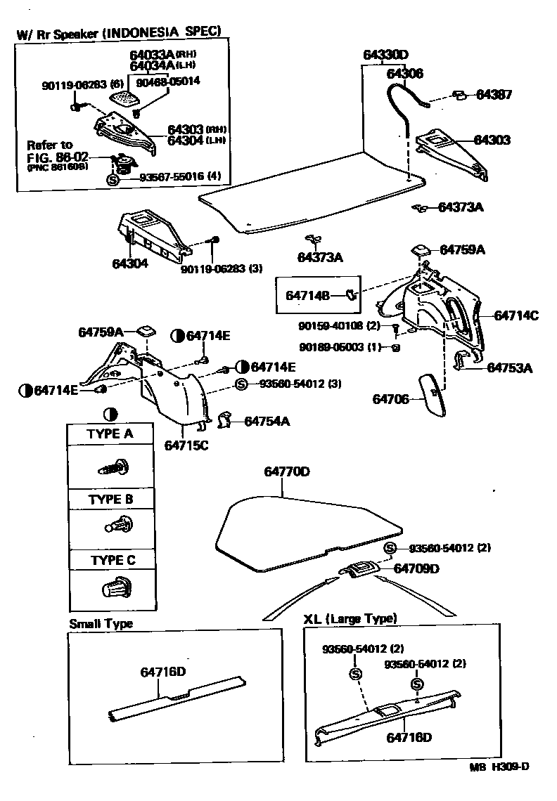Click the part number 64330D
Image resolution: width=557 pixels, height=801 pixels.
point(386,55)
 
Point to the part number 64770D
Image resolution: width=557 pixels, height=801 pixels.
point(286,471)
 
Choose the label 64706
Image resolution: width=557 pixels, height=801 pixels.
point(391,399)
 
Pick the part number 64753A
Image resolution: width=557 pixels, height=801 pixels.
point(510,367)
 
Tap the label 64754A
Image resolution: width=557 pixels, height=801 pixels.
point(267,421)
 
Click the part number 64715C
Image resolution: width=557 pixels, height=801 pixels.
point(186,444)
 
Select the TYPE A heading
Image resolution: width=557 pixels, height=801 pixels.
point(110,434)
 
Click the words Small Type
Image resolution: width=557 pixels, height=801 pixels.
point(101,623)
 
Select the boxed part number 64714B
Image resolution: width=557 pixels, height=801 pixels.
point(307,295)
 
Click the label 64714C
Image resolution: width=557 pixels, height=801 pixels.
point(516,315)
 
